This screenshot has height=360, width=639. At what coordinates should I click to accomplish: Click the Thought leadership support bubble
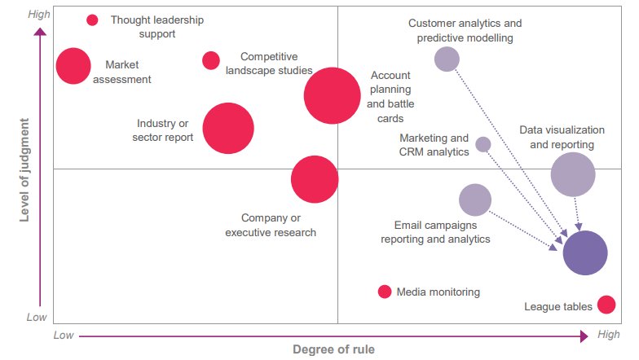(x=92, y=20)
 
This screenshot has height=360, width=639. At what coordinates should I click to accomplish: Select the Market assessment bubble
(x=73, y=66)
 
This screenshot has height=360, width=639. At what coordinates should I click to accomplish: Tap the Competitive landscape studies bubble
(x=211, y=60)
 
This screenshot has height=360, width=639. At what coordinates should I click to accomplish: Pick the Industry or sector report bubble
(x=228, y=128)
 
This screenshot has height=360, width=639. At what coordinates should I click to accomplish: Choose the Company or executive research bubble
(x=315, y=179)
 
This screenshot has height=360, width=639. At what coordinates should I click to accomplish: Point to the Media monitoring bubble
(x=385, y=292)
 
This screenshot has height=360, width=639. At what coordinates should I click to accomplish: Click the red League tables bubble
(x=606, y=305)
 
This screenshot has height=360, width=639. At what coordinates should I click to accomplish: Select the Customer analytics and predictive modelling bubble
(x=447, y=59)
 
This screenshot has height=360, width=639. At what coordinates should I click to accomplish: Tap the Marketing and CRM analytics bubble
(x=483, y=144)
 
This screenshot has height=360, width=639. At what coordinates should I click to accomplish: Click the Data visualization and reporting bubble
(x=573, y=173)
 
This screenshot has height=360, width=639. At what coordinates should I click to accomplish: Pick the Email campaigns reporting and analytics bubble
(x=475, y=200)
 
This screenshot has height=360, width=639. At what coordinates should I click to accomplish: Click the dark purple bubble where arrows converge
(x=585, y=252)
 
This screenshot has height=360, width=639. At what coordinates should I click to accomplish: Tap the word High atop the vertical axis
(x=37, y=15)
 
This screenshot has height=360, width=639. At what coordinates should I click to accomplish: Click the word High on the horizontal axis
(x=608, y=335)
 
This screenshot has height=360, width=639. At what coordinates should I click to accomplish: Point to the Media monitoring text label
(x=438, y=292)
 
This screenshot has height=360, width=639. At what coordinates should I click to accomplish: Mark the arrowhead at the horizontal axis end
(x=584, y=336)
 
